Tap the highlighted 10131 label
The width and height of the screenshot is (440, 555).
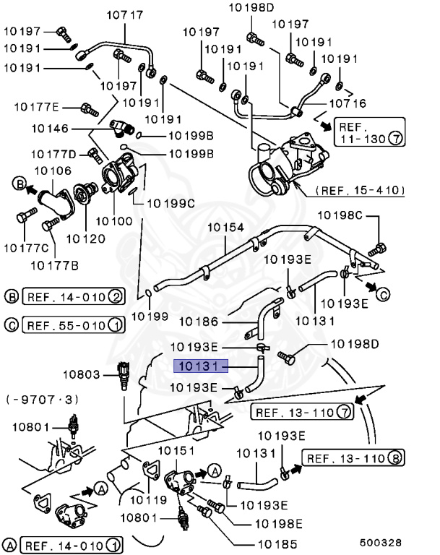200,366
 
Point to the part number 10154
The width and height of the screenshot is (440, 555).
226,227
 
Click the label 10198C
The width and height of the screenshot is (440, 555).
344,215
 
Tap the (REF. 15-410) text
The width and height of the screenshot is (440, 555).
358,191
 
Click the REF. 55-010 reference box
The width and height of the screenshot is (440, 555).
73,324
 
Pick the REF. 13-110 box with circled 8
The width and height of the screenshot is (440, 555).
353,457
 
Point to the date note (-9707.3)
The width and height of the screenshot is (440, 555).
43,399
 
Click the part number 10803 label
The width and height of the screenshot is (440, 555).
82,374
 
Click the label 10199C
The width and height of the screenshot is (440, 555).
172,203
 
